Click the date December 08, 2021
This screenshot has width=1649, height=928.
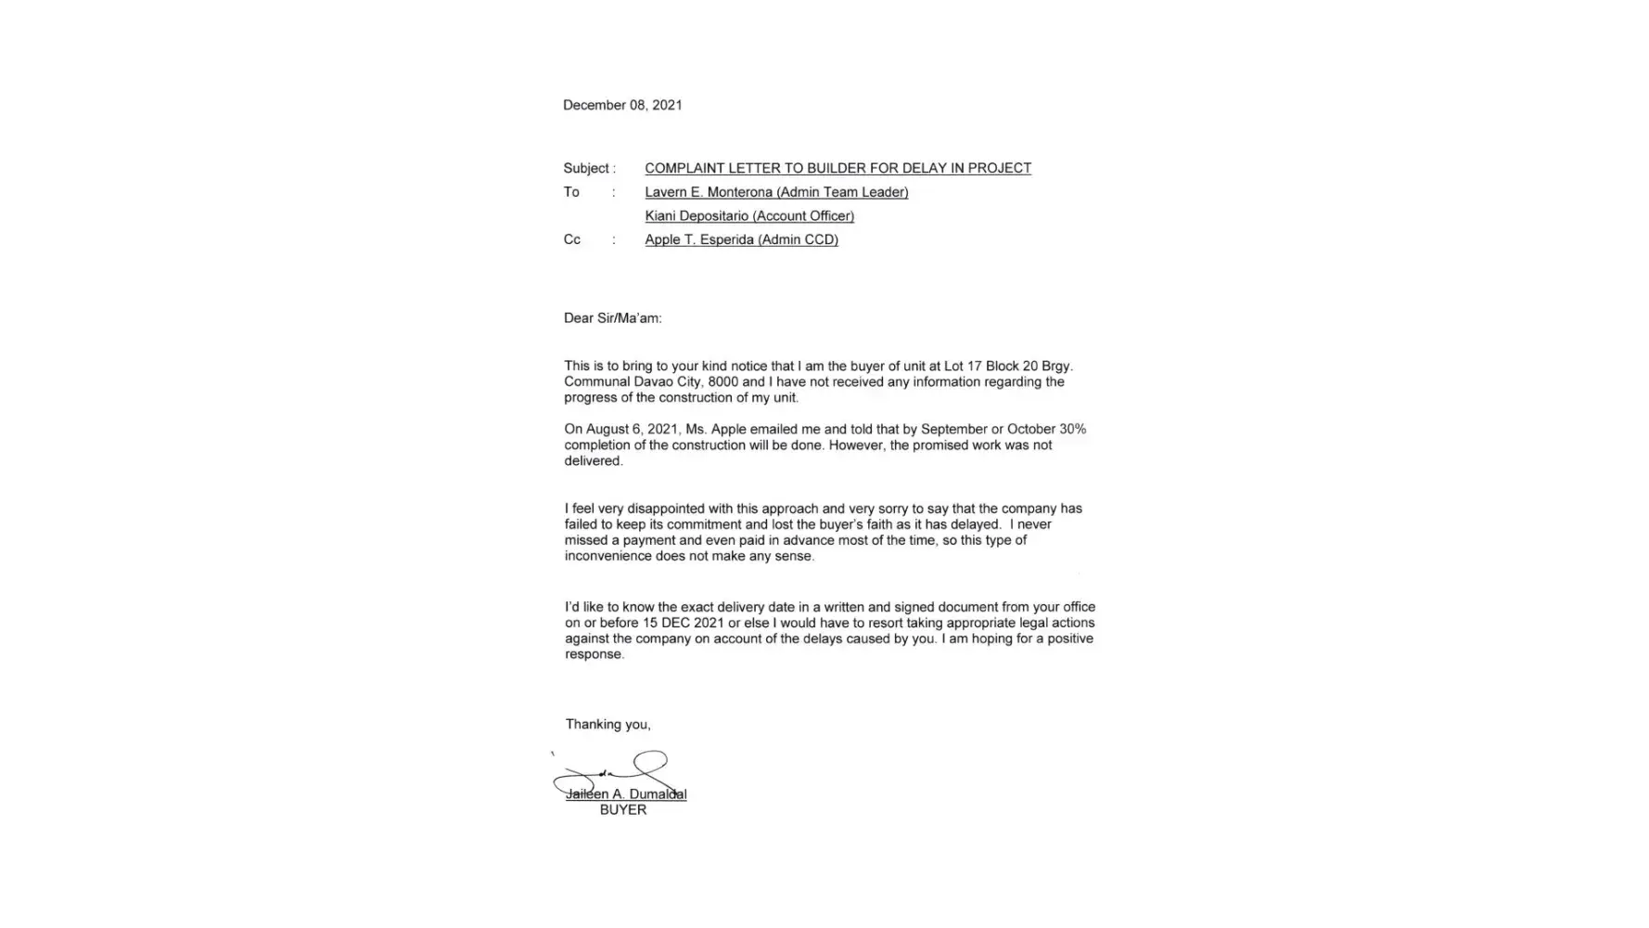(622, 105)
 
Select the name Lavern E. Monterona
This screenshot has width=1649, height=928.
(709, 192)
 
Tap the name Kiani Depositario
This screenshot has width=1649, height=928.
(696, 216)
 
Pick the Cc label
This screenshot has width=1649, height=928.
(572, 239)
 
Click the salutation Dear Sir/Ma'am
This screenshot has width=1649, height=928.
(612, 318)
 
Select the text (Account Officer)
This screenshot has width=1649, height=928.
(803, 216)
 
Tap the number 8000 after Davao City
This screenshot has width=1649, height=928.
(722, 381)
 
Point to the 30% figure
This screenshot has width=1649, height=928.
(1072, 429)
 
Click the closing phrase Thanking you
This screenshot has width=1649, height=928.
(607, 724)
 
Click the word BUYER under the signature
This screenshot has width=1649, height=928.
(623, 810)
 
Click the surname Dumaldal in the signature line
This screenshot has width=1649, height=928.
(658, 794)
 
